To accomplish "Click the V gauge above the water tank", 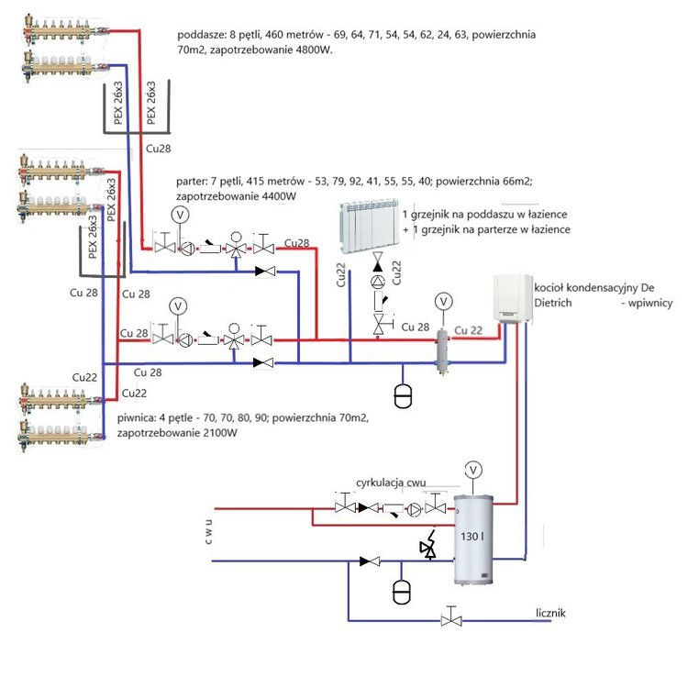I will coord(473,469).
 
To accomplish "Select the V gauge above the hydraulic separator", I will coord(444,300).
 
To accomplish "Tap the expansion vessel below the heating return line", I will coord(402,395).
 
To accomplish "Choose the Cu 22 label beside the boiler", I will coord(468,330).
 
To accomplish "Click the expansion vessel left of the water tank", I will coord(402,590).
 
